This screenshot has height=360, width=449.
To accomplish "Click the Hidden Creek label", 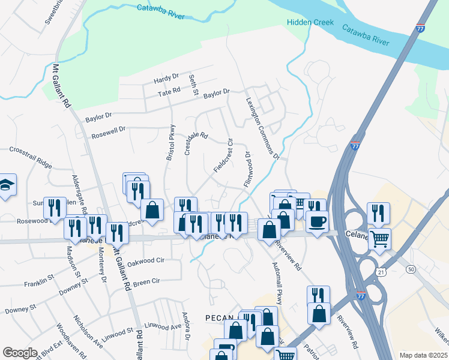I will (x=310, y=23).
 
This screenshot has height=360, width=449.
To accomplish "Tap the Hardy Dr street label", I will (x=166, y=78).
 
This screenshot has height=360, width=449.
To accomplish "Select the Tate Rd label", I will (x=169, y=91).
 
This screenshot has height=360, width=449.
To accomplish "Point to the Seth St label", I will (x=193, y=85).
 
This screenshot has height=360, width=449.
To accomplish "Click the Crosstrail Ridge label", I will (x=31, y=155).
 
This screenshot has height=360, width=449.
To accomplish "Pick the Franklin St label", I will (x=39, y=280).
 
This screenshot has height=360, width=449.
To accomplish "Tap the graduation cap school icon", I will (x=5, y=185).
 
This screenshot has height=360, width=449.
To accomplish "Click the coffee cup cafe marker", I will (x=317, y=221).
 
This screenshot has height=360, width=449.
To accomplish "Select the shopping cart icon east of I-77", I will (x=379, y=239).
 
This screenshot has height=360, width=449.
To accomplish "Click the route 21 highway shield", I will (x=382, y=273).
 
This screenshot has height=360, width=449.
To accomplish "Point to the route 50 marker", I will (x=411, y=269).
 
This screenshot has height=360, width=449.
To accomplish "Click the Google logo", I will (x=19, y=353).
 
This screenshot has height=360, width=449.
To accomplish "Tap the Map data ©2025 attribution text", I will (x=423, y=355).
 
